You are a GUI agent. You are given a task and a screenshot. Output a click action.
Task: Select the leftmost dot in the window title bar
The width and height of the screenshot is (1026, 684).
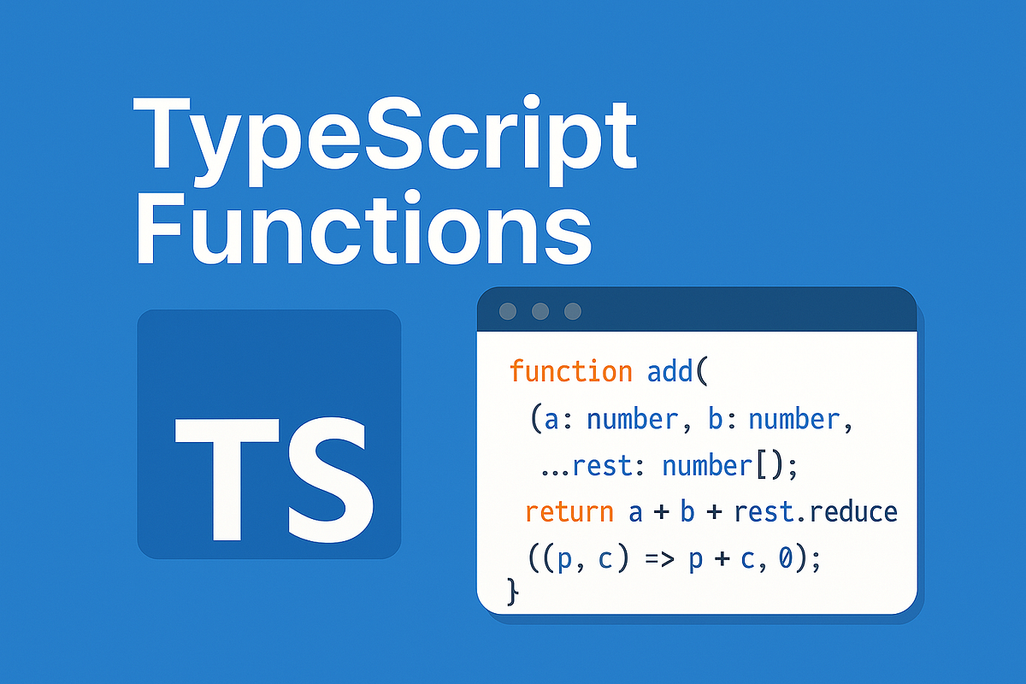pos(508,311)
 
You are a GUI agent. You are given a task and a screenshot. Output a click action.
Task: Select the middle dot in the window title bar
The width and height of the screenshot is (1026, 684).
pos(540,311)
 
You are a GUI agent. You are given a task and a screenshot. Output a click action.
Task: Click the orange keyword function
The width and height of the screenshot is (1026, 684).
pos(570,372)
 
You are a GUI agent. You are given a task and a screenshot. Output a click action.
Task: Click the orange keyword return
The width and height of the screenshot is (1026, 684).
pos(569,511)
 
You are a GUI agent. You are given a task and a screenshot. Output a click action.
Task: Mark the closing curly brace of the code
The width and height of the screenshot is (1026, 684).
pos(513,590)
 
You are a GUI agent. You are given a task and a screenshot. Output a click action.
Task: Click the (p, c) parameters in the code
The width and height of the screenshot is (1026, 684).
pos(582,560)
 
